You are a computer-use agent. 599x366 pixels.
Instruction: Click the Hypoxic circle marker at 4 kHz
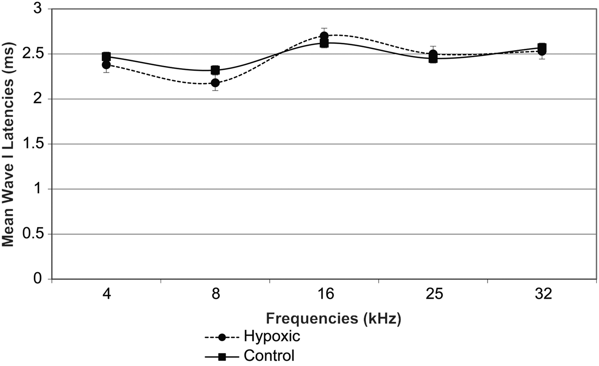(106, 65)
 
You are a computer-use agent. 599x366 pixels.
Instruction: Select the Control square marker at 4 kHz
(106, 56)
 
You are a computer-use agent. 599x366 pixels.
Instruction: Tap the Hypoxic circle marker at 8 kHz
(215, 83)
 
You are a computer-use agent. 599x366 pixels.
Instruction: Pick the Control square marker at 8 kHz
(215, 70)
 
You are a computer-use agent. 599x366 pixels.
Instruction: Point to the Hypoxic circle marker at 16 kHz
(324, 36)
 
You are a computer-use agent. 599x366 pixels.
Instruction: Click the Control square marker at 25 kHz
(433, 59)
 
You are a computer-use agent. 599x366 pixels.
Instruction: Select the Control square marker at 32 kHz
(542, 47)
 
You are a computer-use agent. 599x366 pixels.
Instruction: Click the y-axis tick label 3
(42, 9)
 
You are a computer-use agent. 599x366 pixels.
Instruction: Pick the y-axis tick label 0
(42, 279)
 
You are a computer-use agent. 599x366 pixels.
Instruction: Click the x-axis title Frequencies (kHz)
(333, 319)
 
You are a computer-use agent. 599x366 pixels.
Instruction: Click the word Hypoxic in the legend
(272, 336)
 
